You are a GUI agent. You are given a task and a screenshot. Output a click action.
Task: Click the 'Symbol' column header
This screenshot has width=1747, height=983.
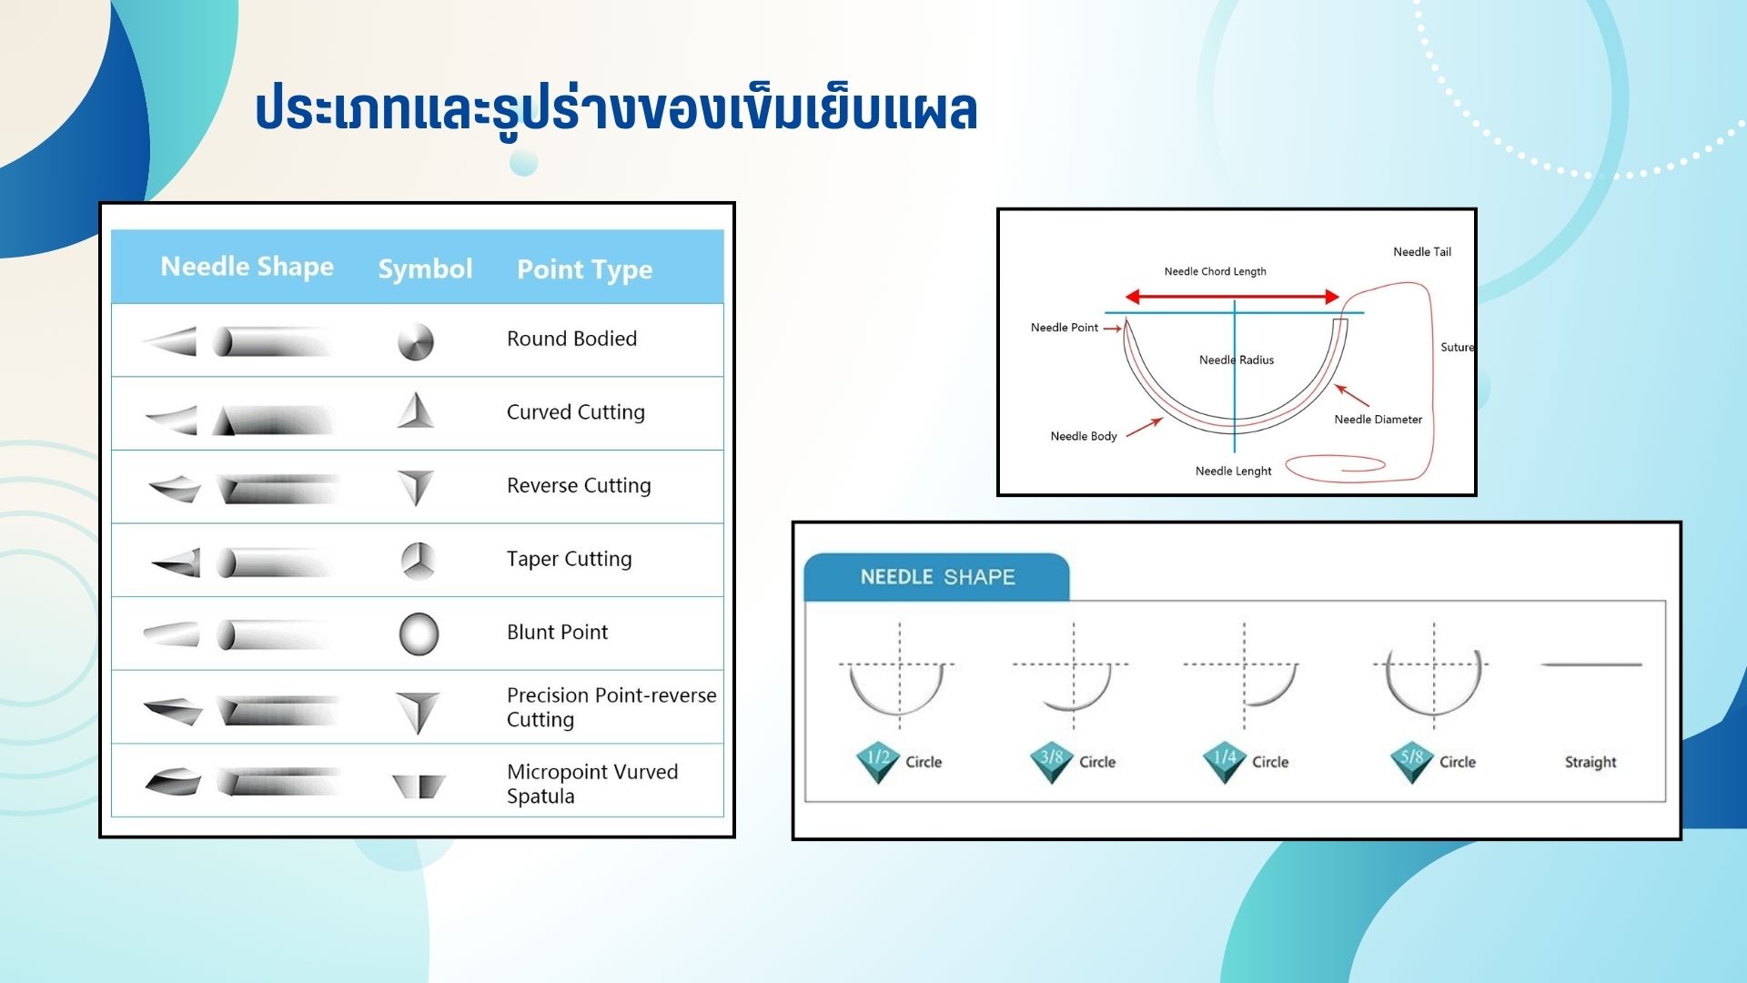(425, 269)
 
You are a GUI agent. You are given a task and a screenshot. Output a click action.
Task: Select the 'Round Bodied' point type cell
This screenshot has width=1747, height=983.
(571, 339)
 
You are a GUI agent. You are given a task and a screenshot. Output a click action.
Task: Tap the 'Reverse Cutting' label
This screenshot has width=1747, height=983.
(579, 485)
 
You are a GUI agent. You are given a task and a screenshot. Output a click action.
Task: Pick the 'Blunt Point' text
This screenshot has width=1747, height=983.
(557, 632)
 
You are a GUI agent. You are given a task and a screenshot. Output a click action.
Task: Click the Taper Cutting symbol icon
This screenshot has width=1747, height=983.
(418, 561)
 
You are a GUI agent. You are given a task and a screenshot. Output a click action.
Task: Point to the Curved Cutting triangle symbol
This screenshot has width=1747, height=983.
(416, 410)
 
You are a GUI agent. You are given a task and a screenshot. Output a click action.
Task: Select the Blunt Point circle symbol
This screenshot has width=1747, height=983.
(419, 634)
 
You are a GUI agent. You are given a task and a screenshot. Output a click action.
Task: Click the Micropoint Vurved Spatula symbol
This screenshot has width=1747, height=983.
(419, 785)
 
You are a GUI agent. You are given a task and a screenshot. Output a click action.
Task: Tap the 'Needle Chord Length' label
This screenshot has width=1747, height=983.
(1215, 271)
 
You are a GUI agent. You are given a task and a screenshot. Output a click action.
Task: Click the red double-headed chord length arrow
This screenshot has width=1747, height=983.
(1232, 297)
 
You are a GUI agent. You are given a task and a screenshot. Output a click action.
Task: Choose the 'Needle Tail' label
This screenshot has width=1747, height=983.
(1422, 252)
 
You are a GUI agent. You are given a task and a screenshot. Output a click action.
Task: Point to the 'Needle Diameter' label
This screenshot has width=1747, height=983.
(1378, 420)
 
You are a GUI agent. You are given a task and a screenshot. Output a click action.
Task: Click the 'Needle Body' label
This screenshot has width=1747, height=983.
(1084, 436)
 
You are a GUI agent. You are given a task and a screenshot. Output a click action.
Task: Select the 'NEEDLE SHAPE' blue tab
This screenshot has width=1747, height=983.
(937, 577)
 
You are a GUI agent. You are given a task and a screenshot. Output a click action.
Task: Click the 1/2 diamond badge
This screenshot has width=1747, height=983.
(878, 762)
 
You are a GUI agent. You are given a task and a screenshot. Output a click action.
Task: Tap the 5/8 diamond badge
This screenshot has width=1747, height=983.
(1412, 762)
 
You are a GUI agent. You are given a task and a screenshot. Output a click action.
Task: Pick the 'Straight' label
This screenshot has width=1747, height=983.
(1590, 762)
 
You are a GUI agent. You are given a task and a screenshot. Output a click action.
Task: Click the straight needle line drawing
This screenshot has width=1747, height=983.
(1591, 664)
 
